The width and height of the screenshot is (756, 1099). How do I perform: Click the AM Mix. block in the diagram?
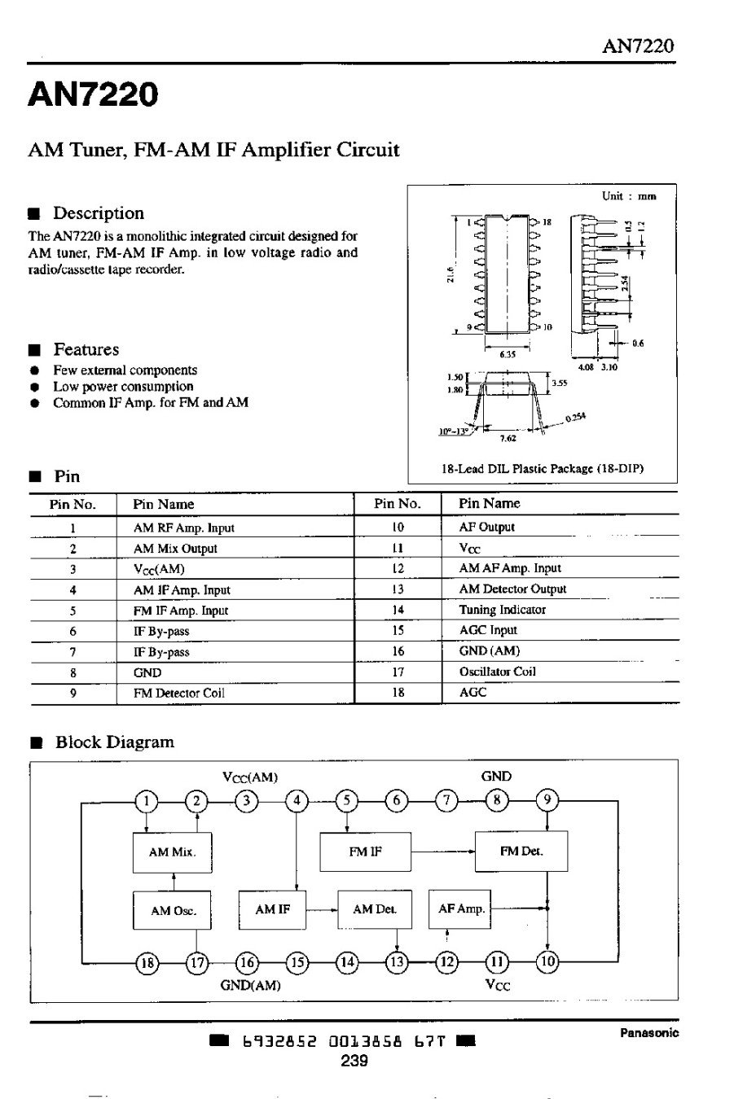(171, 852)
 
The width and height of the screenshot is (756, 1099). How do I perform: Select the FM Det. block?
(521, 852)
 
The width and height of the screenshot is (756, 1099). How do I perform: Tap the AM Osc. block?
(173, 910)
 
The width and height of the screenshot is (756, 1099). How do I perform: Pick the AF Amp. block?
(461, 909)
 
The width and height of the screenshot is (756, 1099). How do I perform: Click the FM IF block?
(365, 852)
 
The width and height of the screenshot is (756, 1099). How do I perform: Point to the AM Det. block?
(374, 909)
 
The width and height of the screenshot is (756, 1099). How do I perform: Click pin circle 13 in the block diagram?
(397, 962)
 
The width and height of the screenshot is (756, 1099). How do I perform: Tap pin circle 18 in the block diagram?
(147, 962)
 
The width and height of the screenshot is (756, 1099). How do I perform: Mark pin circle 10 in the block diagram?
(547, 962)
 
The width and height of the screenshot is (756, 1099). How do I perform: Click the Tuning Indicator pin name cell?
(502, 610)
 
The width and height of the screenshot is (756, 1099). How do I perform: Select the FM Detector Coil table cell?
(178, 694)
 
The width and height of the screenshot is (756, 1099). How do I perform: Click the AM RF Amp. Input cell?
(183, 528)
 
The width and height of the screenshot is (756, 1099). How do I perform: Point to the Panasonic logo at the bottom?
(648, 1033)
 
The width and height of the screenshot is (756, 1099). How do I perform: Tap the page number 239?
(354, 1061)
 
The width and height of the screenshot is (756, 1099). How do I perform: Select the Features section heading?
(86, 350)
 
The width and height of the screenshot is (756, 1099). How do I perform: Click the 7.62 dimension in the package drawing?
(508, 438)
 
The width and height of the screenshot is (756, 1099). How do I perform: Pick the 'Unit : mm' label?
(628, 196)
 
